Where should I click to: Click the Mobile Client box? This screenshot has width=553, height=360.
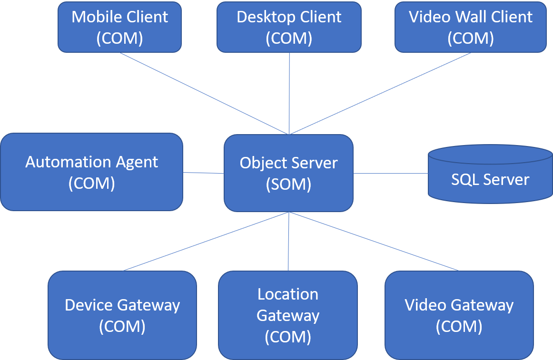119,27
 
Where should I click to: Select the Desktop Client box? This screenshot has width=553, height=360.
289,27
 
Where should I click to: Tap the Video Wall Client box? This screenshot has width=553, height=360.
471,27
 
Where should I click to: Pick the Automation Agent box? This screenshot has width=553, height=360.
91,172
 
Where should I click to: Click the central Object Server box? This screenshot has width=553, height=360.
288,173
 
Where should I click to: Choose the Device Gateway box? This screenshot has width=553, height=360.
122,315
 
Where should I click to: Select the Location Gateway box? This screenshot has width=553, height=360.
288,315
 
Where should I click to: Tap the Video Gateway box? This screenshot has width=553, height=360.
459,315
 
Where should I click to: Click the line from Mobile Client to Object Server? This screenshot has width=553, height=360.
204,93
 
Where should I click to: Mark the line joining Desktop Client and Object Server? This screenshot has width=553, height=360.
289,93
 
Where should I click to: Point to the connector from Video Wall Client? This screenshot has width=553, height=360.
380,93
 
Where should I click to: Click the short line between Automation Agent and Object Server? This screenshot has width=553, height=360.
203,173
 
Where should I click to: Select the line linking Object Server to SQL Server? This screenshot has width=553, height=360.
390,174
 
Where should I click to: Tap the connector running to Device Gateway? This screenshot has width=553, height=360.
206,242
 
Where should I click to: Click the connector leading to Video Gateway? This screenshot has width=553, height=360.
375,242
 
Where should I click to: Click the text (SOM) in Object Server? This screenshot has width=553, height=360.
288,184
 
